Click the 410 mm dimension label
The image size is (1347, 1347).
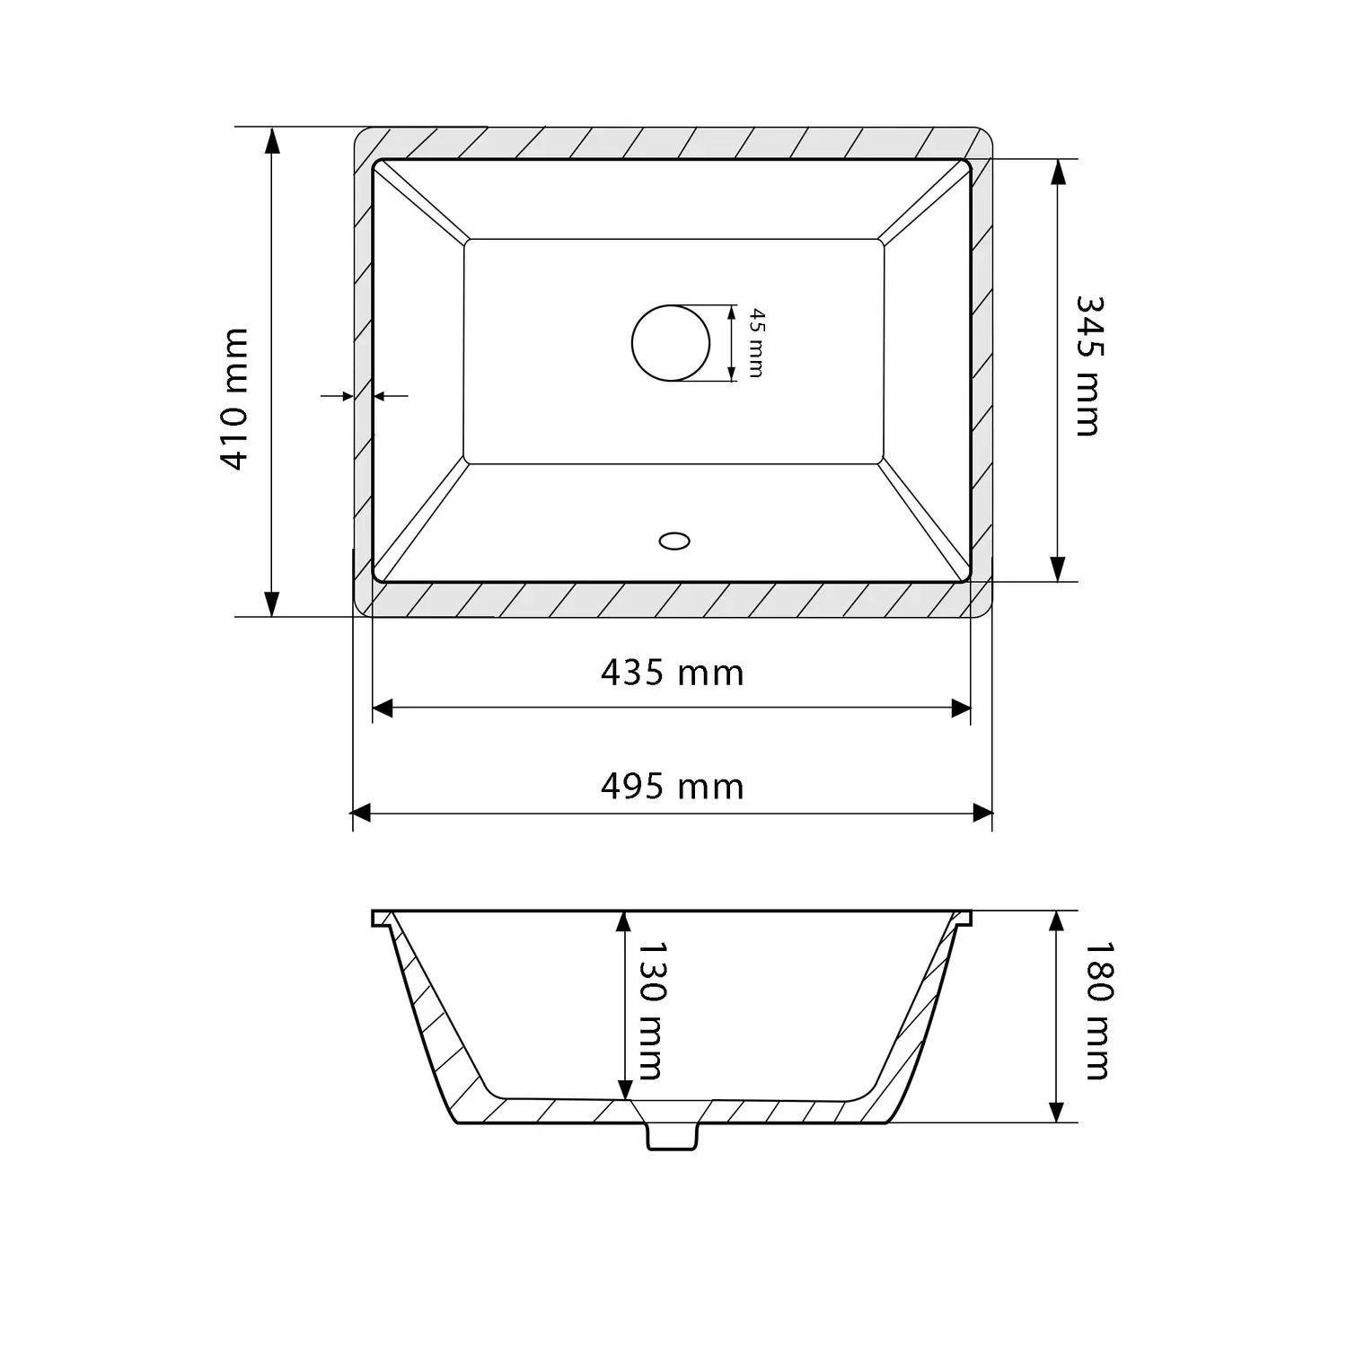[x=234, y=399]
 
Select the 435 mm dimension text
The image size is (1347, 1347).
[x=673, y=672]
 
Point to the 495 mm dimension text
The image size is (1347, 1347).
[x=673, y=787]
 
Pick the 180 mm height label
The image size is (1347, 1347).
[x=1096, y=1009]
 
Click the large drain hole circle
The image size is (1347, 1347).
[x=671, y=343]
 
